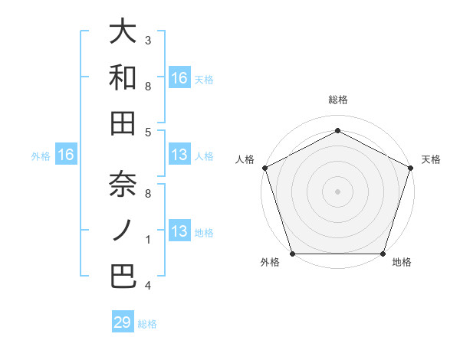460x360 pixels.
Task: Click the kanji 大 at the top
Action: point(123,32)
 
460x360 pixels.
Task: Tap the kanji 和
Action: point(123,77)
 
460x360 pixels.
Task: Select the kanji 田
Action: point(123,123)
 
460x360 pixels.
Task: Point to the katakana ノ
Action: point(123,230)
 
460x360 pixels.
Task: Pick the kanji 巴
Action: point(123,275)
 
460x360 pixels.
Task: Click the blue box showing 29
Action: point(123,322)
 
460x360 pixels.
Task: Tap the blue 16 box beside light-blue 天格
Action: point(179,77)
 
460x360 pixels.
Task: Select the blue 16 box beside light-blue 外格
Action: point(66,155)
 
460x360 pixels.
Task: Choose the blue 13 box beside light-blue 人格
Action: point(179,155)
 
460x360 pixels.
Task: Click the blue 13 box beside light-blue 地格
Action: point(179,231)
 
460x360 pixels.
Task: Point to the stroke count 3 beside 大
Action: point(148,40)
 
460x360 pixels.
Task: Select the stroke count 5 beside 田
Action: point(148,133)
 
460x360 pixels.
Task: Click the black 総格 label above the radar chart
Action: point(337,100)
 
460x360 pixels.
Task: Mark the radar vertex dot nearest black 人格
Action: point(264,168)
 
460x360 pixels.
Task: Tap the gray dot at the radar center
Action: point(337,191)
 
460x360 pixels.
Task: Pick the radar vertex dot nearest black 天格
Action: point(411,168)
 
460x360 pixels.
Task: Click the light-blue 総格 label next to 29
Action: point(147,324)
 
